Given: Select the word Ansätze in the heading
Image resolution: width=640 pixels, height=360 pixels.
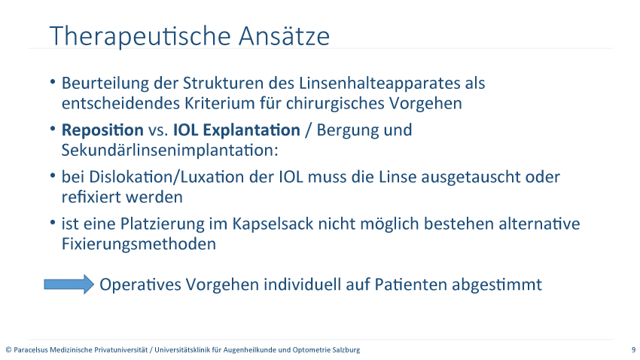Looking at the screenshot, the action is pyautogui.click(x=284, y=35).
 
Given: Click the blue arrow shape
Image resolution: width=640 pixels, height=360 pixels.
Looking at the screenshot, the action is pyautogui.click(x=69, y=285).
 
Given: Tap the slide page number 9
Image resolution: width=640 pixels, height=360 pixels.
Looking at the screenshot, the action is pyautogui.click(x=633, y=349).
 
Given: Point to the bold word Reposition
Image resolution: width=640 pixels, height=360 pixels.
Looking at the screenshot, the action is pyautogui.click(x=102, y=130).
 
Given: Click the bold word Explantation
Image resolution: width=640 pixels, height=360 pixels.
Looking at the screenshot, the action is pyautogui.click(x=251, y=130).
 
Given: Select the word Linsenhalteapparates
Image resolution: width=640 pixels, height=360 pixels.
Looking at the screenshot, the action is pyautogui.click(x=379, y=84).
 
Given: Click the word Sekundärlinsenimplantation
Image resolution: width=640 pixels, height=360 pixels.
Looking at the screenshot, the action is pyautogui.click(x=170, y=150).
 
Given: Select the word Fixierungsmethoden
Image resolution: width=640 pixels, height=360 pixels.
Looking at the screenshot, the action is pyautogui.click(x=139, y=244).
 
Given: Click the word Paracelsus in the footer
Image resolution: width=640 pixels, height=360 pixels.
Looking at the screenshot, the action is pyautogui.click(x=31, y=349).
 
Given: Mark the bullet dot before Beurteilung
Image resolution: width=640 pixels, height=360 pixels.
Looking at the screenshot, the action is pyautogui.click(x=53, y=82).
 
